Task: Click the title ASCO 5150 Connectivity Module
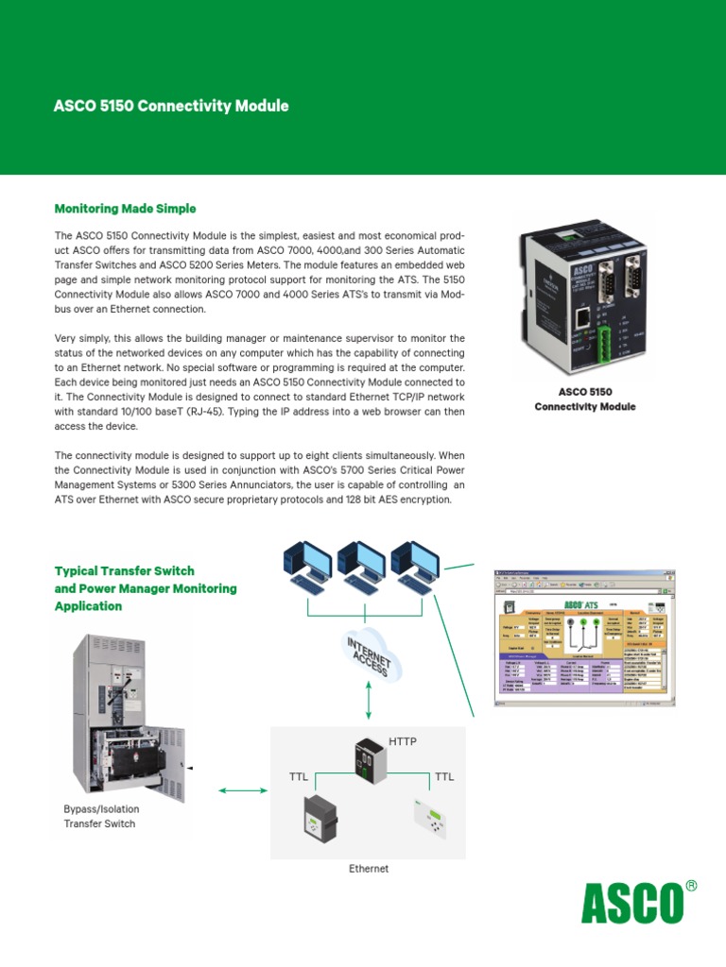pyautogui.click(x=171, y=106)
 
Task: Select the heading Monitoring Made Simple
pyautogui.click(x=125, y=208)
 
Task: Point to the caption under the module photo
pyautogui.click(x=585, y=399)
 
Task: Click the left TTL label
pyautogui.click(x=300, y=777)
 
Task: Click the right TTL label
pyautogui.click(x=443, y=777)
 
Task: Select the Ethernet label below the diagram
pyautogui.click(x=369, y=869)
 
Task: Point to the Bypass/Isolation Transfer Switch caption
pyautogui.click(x=100, y=817)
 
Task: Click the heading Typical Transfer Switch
pyautogui.click(x=125, y=571)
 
